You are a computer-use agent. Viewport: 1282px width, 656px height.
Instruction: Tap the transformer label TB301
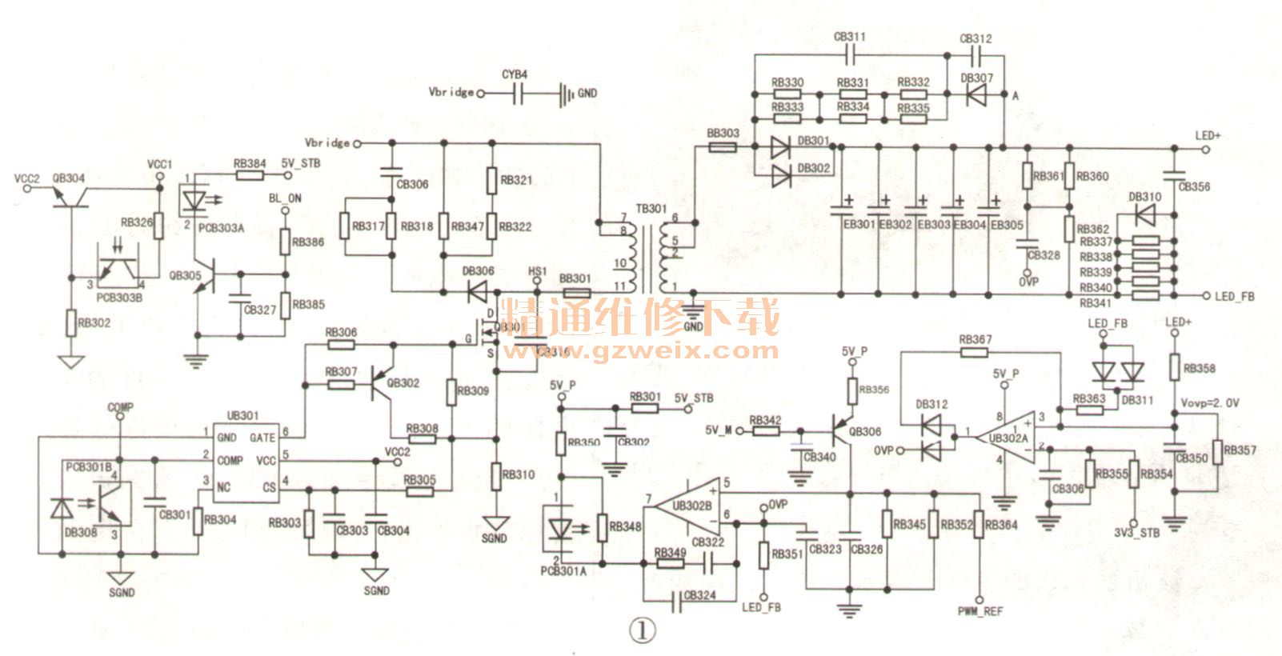(x=651, y=210)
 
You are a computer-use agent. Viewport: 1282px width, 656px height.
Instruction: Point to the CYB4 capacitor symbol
(x=516, y=94)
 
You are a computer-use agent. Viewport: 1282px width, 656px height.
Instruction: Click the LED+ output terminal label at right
(x=1208, y=135)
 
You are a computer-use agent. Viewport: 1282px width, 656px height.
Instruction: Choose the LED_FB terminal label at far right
(x=1234, y=297)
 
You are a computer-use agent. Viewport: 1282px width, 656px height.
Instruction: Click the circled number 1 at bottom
(x=641, y=630)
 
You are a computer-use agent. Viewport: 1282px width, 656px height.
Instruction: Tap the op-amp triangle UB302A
(x=1012, y=438)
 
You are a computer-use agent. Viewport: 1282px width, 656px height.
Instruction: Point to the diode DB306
(x=480, y=292)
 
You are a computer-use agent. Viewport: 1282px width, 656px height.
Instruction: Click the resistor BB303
(x=723, y=147)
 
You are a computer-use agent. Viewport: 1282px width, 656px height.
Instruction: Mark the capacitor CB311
(x=851, y=54)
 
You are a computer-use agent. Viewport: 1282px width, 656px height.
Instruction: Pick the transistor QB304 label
(x=67, y=178)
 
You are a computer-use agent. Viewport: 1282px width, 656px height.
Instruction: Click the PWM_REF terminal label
(x=980, y=611)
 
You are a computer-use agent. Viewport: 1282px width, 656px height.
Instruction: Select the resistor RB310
(x=496, y=474)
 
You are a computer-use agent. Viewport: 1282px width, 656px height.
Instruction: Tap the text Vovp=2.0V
(x=1209, y=402)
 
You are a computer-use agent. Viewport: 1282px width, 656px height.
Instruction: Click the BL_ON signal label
(x=284, y=198)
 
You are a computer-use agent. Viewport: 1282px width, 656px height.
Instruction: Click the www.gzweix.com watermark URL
(x=640, y=350)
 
